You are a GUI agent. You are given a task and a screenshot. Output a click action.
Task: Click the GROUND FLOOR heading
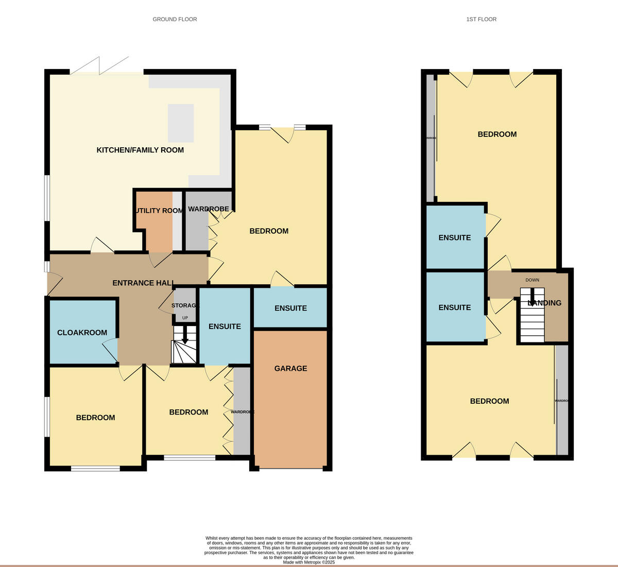pos(175,19)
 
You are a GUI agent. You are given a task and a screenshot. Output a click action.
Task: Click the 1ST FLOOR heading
pos(481,19)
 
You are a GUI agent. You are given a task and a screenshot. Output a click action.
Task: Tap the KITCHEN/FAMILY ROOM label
pos(140,150)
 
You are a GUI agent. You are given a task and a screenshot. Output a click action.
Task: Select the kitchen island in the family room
pos(181,123)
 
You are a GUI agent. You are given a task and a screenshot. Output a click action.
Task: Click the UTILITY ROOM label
pos(159,211)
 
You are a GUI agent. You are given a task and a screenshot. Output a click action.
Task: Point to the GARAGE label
pos(290,368)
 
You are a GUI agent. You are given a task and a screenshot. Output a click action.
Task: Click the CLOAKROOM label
pos(82,333)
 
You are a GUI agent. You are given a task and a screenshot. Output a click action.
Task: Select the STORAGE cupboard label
pos(184,306)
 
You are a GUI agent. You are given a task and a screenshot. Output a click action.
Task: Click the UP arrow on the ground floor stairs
pos(185,336)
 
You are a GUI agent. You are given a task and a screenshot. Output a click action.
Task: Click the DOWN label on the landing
pos(532,280)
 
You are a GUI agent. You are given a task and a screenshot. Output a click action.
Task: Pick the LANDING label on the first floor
pos(544,303)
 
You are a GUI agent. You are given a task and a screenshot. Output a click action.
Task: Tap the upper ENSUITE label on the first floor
pos(454,237)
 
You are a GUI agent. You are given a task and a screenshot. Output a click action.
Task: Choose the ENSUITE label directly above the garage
pos(290,308)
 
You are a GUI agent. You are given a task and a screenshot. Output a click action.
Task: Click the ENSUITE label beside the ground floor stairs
pos(225,326)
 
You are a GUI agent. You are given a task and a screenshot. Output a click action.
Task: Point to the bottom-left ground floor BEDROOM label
pos(95,418)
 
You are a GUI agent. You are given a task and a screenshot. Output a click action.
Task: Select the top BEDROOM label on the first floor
pos(497,134)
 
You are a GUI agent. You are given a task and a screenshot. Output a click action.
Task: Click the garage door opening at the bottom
pos(290,469)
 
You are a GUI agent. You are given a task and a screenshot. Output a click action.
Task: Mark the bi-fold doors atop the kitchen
pos(99,66)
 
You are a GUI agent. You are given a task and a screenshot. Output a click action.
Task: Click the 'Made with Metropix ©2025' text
pos(309,562)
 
